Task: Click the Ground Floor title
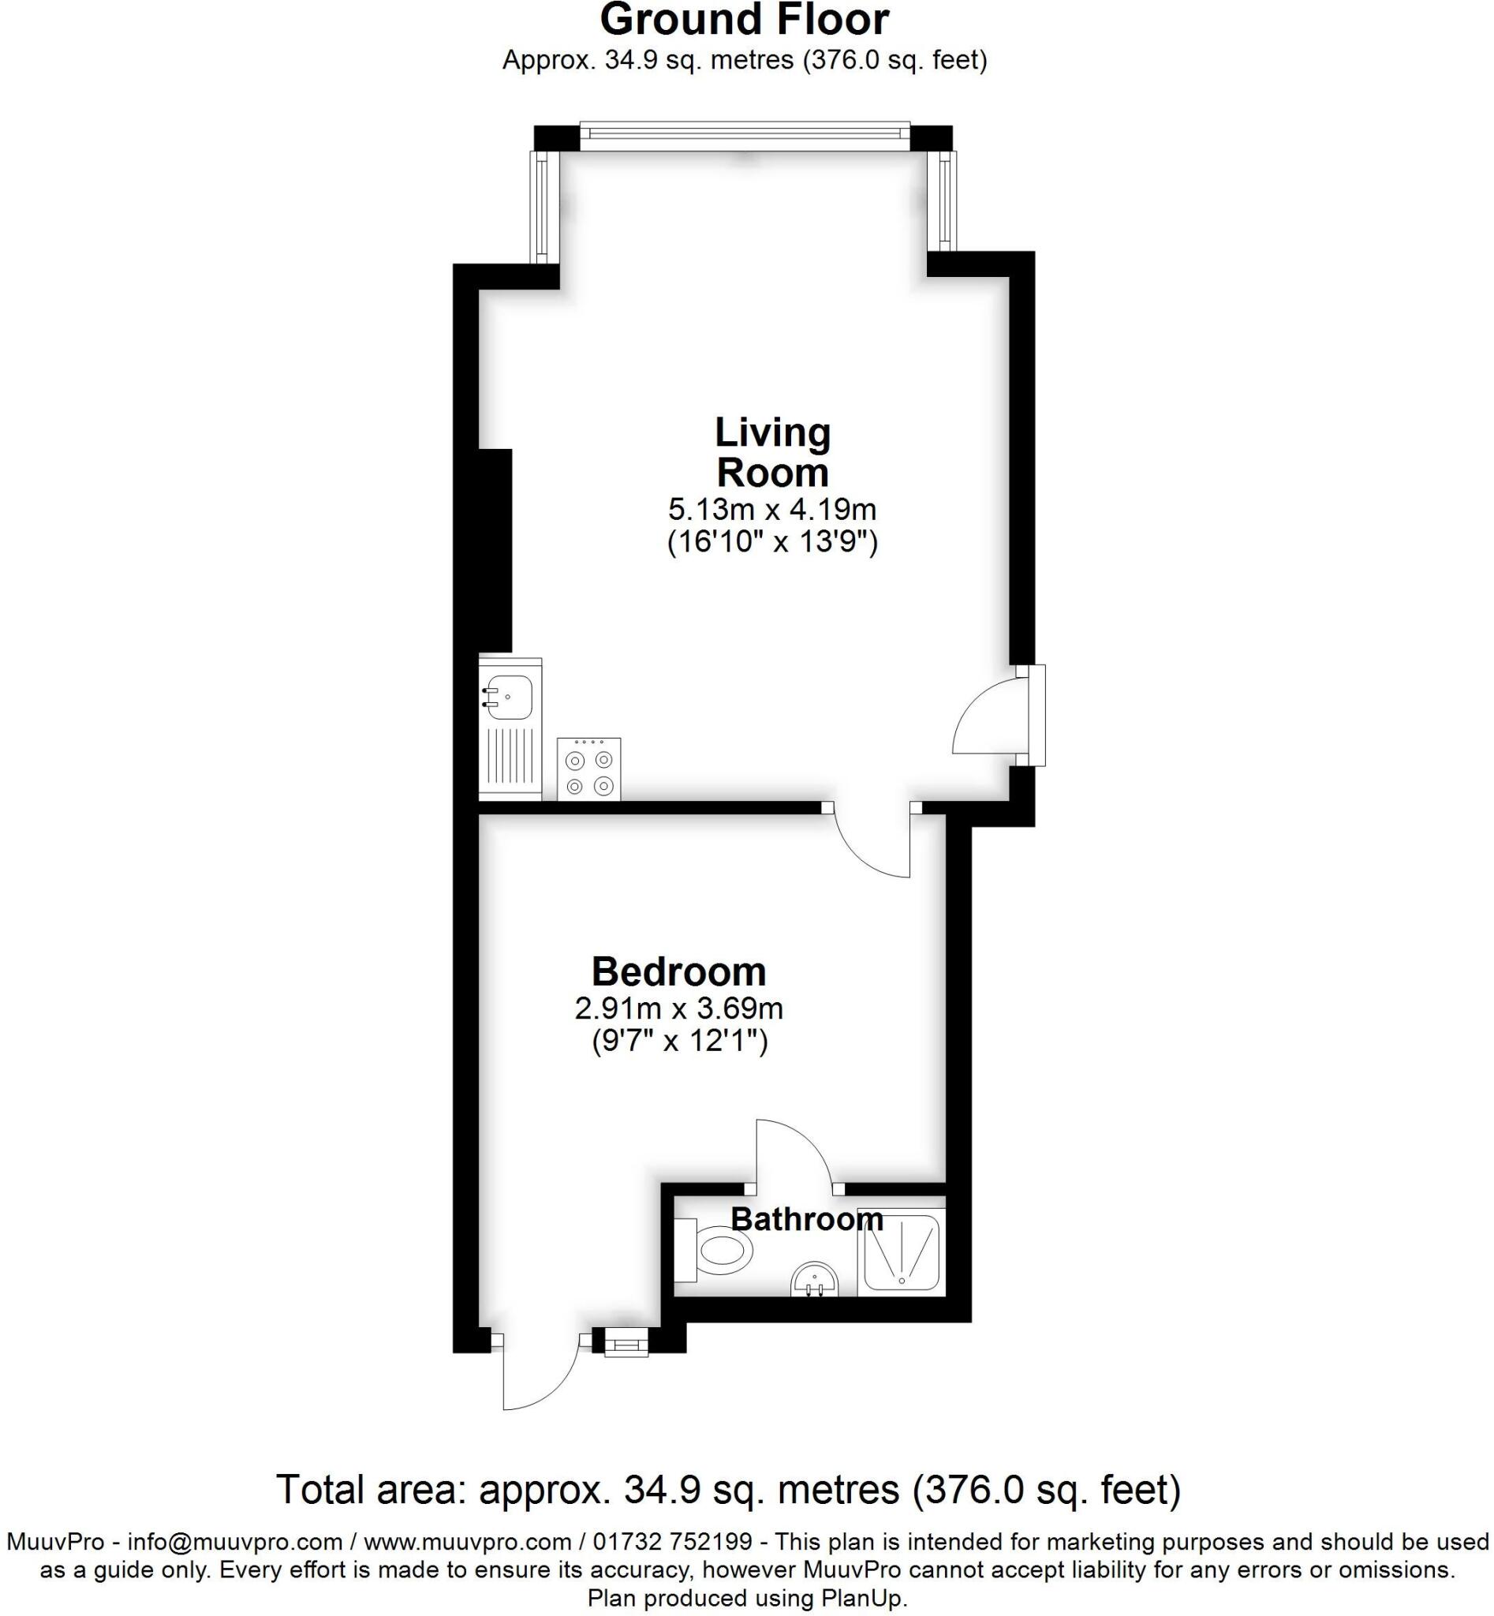click(744, 21)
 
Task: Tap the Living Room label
click(772, 453)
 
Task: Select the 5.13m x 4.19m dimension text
click(772, 510)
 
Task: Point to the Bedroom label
click(678, 971)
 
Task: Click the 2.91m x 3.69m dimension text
click(678, 1008)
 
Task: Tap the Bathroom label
click(806, 1219)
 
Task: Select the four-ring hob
click(588, 769)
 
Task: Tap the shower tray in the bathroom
click(902, 1251)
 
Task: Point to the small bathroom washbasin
click(815, 1281)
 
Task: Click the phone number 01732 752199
click(674, 1542)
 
